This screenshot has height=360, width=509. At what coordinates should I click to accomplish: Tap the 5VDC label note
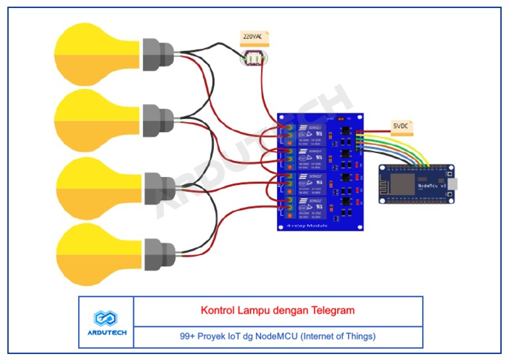tap(401, 125)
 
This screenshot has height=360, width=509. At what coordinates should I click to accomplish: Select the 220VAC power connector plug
tap(253, 59)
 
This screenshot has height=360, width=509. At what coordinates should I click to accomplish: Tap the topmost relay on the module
tap(310, 133)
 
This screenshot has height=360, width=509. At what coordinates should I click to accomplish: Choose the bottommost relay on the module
tap(310, 207)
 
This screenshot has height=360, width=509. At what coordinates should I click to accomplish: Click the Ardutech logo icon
tap(106, 318)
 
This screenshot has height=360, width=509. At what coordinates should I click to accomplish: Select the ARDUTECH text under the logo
tap(106, 333)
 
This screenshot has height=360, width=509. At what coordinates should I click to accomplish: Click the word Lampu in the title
tap(251, 310)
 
